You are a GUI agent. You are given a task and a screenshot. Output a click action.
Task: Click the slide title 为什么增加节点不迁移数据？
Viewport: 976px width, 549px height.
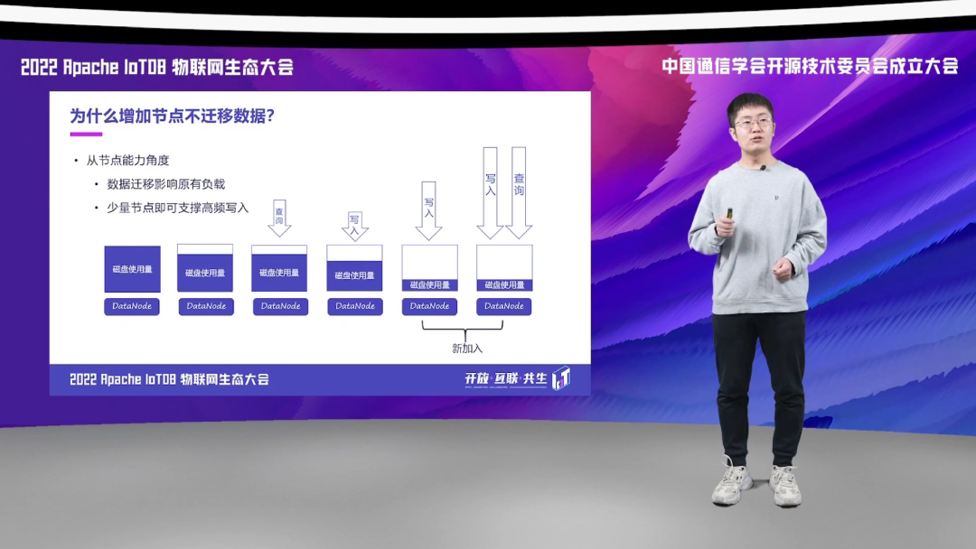tap(172, 116)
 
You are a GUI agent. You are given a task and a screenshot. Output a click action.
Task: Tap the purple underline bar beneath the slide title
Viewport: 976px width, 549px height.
tap(86, 135)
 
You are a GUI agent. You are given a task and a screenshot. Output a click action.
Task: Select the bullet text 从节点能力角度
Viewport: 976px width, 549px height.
tap(127, 161)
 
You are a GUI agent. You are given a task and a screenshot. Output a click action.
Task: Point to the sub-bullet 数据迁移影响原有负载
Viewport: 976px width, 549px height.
tap(165, 184)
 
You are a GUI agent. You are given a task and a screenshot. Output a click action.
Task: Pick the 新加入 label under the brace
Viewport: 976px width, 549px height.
tap(467, 348)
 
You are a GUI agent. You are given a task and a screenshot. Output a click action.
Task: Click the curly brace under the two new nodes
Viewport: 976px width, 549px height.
tap(467, 330)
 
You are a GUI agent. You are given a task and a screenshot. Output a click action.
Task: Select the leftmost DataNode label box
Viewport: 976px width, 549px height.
tap(132, 306)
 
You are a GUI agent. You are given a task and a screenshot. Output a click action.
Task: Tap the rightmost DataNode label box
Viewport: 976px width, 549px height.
tap(504, 306)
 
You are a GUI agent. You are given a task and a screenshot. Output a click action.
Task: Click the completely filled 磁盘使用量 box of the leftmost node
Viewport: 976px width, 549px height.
tap(132, 269)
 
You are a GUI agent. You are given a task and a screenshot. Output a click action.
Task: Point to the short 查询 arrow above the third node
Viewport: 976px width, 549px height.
tap(279, 218)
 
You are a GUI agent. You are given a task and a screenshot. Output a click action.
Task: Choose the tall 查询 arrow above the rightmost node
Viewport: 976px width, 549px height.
tap(519, 191)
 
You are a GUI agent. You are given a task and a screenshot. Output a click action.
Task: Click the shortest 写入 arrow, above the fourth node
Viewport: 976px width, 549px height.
tap(354, 225)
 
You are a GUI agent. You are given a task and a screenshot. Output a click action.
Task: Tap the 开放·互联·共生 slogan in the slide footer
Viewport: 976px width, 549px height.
tap(506, 379)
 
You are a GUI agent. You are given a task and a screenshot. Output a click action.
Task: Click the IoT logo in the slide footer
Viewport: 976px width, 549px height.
tap(561, 378)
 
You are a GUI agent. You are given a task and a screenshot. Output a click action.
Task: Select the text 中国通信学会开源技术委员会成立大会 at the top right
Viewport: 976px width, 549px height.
tap(810, 66)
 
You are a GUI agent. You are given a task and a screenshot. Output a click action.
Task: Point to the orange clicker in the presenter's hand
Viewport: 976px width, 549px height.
tap(728, 214)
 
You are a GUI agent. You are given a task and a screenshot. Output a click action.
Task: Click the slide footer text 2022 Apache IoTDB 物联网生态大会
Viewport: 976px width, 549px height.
tap(170, 379)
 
